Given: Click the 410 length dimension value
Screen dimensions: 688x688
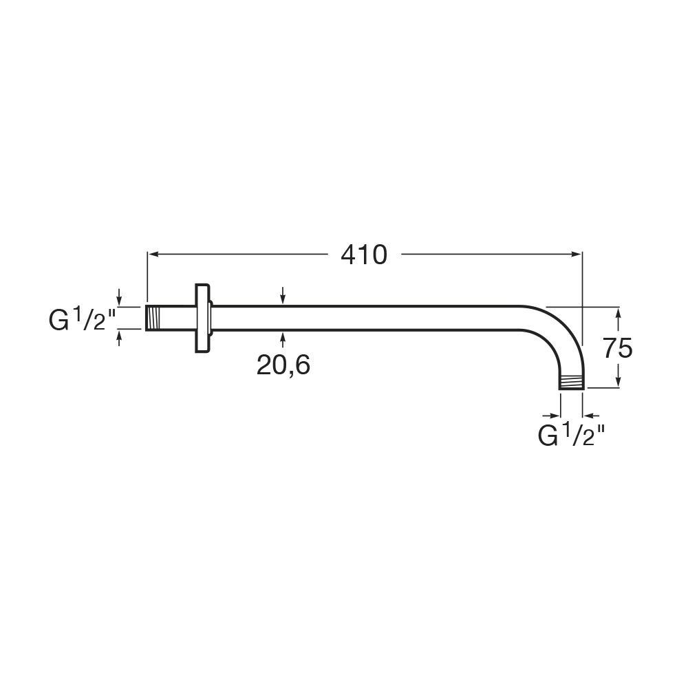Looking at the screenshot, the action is click(364, 255).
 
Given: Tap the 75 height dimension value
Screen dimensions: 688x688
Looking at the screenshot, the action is click(617, 348).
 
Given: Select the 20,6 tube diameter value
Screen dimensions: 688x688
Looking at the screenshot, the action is click(283, 365).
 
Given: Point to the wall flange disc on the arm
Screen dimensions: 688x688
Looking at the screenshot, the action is click(202, 318).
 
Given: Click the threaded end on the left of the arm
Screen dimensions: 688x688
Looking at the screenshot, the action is click(153, 318).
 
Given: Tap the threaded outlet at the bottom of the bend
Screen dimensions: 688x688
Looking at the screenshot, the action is click(572, 382).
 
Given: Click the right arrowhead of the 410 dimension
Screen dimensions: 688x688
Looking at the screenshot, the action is click(577, 254).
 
